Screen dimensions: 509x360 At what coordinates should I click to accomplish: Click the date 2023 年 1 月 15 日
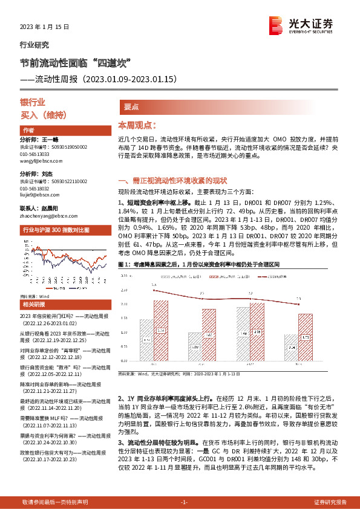(41, 27)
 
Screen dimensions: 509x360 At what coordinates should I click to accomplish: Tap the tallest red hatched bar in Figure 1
(162, 330)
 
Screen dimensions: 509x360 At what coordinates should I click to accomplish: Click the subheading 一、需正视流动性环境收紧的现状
(172, 180)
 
